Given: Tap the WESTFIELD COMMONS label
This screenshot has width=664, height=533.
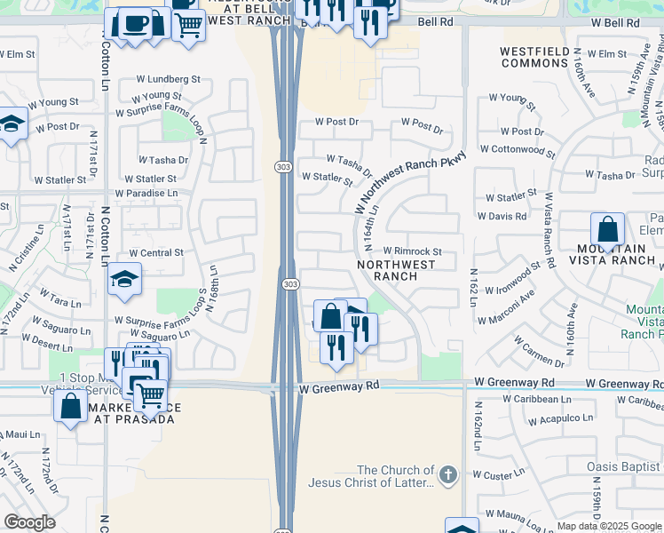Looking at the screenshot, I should click(x=534, y=58).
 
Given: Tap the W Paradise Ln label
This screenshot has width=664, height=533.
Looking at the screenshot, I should click(x=146, y=193).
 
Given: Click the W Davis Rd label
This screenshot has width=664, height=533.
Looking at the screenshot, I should click(x=501, y=216).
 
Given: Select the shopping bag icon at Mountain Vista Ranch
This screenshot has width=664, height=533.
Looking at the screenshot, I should click(x=607, y=229).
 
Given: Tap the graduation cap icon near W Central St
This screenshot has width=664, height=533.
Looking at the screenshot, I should click(x=125, y=279).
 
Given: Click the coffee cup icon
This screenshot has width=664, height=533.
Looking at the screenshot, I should click(x=134, y=22).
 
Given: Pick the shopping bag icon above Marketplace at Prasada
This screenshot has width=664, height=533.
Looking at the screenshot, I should click(x=70, y=406).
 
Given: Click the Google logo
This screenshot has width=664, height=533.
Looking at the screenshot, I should click(x=29, y=522).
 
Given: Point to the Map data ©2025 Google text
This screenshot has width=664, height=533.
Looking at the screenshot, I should click(x=608, y=526).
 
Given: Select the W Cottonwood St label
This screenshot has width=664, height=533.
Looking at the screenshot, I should click(x=518, y=152).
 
